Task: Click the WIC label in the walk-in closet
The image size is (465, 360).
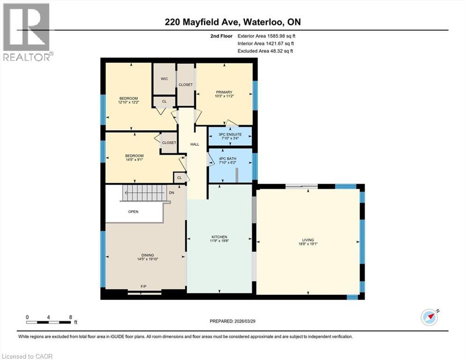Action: [x=164, y=79]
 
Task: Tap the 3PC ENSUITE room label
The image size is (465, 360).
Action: [x=229, y=134]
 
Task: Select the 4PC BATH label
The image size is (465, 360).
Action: [x=228, y=158]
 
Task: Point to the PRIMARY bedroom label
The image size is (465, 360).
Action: [x=224, y=92]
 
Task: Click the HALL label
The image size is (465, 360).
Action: [x=195, y=144]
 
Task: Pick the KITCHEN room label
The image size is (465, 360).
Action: [x=219, y=237]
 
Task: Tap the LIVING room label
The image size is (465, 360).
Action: [x=308, y=240]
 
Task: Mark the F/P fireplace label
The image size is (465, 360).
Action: [x=144, y=286]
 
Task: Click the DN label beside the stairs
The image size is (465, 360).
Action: [x=172, y=193]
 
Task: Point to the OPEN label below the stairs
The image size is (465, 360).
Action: [x=133, y=211]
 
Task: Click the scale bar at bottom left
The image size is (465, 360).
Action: [x=49, y=322]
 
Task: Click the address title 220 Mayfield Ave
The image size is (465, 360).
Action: [x=232, y=22]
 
